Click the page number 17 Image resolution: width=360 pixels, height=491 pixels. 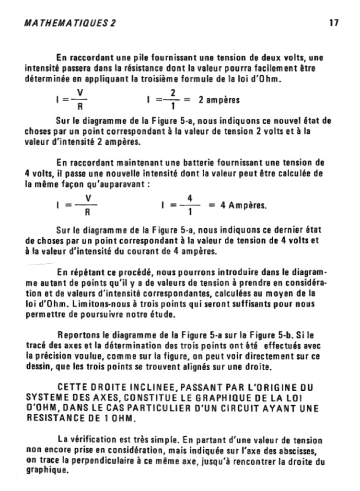(x=334, y=23)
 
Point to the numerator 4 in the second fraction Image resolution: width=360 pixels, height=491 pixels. (x=190, y=198)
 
